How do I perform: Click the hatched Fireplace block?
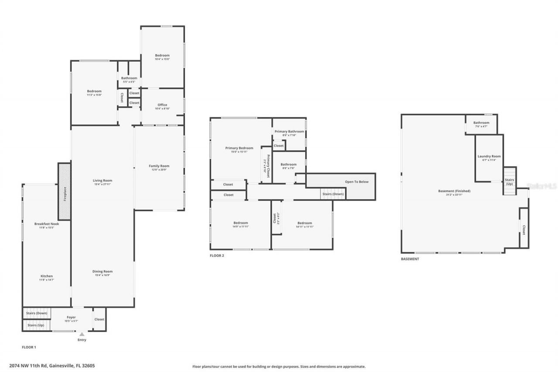click(x=64, y=191)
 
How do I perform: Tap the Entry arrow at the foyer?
click(x=82, y=334)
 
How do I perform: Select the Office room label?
click(x=162, y=105)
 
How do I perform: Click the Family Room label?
click(x=159, y=166)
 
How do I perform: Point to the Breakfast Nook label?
click(x=47, y=224)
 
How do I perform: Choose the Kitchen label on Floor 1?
click(x=47, y=276)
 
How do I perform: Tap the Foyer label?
click(x=71, y=317)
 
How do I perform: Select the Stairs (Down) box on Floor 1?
click(x=37, y=313)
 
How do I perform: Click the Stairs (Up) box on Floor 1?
click(x=36, y=325)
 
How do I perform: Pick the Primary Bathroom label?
click(x=289, y=132)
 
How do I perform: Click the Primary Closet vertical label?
click(x=267, y=166)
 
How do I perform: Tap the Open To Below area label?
click(x=357, y=182)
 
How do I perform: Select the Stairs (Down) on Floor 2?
click(x=333, y=194)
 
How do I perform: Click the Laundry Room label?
click(x=489, y=157)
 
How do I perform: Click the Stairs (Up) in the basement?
click(x=509, y=181)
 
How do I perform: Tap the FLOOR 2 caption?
click(x=217, y=256)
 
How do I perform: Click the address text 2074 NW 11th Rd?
click(x=52, y=366)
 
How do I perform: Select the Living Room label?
click(x=102, y=181)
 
